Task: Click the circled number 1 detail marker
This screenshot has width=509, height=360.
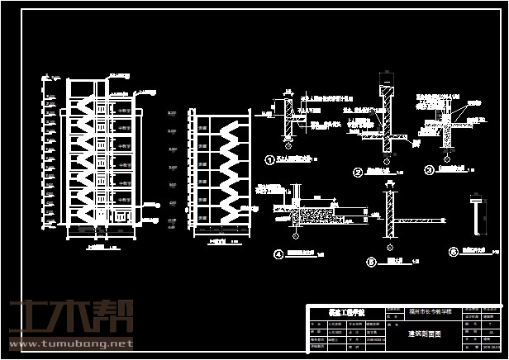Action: point(268,160)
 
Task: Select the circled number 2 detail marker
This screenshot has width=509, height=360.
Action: point(358,173)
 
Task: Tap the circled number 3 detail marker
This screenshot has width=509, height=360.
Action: point(429,171)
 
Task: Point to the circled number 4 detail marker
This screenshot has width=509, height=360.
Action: point(278,255)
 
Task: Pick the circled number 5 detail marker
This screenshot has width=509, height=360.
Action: point(369,263)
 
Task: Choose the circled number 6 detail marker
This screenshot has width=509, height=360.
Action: point(452,253)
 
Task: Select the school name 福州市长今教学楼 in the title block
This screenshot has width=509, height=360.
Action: point(430,312)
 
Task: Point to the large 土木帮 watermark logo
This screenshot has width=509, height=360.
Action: point(70,316)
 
